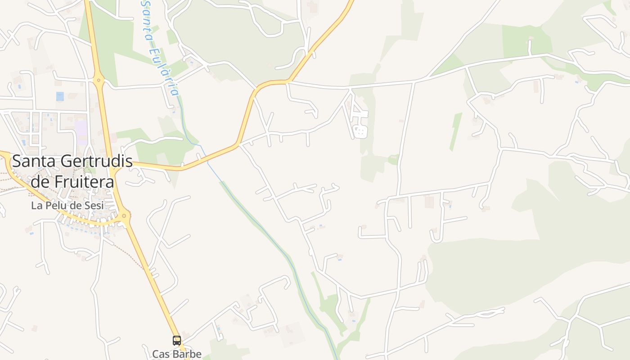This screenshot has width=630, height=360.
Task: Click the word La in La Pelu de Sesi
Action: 36,206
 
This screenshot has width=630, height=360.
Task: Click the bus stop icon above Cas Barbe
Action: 177,341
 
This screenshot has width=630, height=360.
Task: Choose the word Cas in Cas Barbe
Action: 160,354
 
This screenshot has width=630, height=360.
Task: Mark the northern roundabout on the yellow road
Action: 99,81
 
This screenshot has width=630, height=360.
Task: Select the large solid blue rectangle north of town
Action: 60,96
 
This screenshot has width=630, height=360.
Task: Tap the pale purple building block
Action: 82,131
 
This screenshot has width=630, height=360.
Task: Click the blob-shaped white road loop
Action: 360,132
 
